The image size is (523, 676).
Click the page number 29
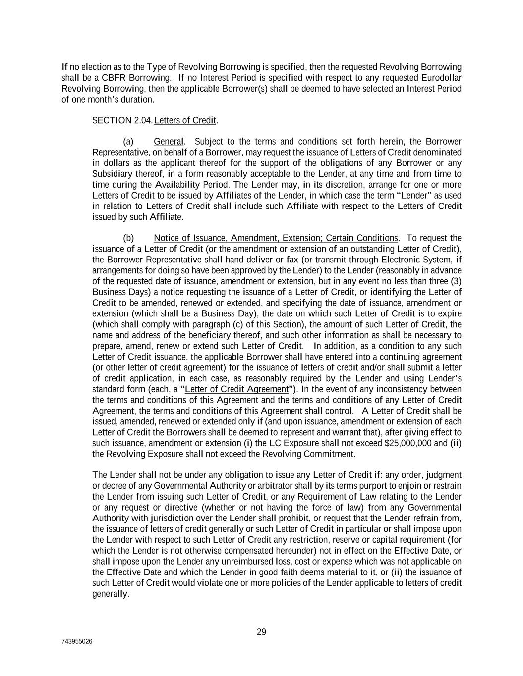pos(261,632)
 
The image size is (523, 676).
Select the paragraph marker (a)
pos(128,141)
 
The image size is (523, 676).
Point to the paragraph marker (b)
pos(128,238)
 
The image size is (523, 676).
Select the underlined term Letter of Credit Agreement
pos(236,389)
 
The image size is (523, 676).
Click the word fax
pos(292,260)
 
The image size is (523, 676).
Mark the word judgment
pos(443,475)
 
